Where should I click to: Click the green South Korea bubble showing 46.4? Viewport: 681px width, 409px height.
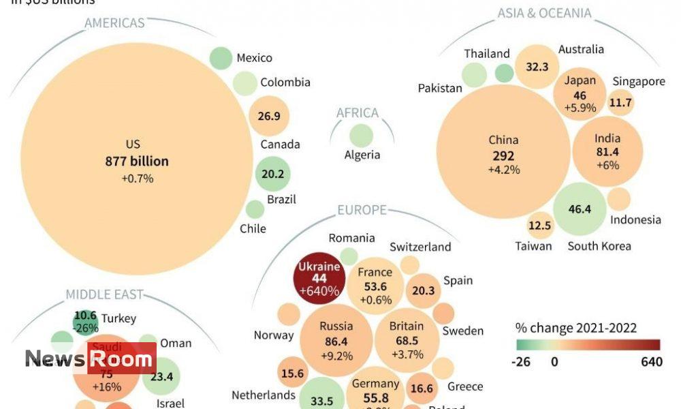point(580,209)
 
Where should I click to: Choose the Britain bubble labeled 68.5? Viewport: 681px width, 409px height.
point(407,339)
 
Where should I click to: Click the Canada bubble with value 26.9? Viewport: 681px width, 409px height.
point(269,116)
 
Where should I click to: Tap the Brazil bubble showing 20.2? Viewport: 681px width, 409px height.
point(272,174)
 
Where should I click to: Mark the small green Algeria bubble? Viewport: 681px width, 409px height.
point(362,135)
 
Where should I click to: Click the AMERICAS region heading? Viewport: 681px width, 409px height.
point(114,23)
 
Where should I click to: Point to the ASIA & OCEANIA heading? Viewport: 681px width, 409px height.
point(544,13)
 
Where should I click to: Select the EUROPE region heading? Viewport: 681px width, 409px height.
point(362,210)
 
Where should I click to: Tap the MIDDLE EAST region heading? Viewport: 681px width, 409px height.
point(104,294)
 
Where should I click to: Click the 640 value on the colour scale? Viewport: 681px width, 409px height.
point(651,362)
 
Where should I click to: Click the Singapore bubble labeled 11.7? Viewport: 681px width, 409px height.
point(620,104)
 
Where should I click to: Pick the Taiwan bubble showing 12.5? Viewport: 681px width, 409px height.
point(540,226)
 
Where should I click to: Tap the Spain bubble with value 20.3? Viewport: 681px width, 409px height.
point(423,291)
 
